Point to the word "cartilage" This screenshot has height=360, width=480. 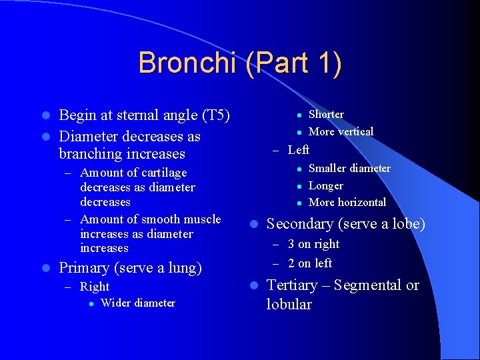click(161, 173)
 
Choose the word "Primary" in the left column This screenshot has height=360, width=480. click(85, 268)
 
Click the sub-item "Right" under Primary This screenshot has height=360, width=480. click(94, 287)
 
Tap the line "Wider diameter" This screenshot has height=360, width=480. click(137, 303)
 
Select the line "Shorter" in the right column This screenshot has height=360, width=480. click(326, 115)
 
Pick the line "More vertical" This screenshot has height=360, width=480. click(341, 131)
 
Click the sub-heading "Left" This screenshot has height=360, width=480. click(298, 150)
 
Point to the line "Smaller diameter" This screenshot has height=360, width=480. click(349, 169)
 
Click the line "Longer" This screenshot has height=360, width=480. click(326, 186)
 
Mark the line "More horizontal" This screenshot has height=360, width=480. click(347, 202)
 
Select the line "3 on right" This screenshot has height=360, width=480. click(313, 245)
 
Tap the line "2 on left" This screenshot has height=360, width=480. click(309, 263)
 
